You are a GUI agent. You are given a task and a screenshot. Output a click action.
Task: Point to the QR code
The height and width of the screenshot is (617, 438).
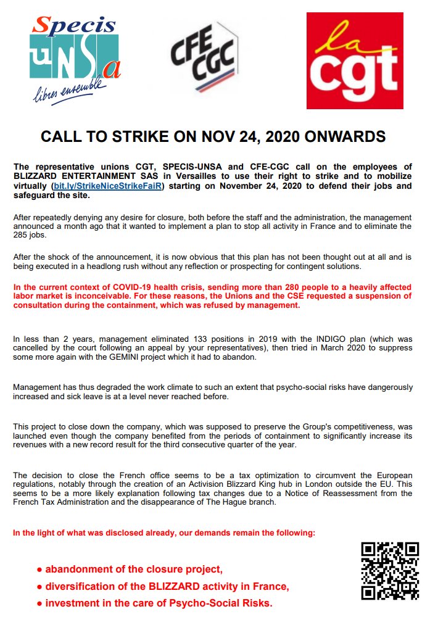[x=390, y=571]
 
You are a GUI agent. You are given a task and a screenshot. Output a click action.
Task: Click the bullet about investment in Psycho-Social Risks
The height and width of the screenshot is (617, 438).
[x=154, y=602]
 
